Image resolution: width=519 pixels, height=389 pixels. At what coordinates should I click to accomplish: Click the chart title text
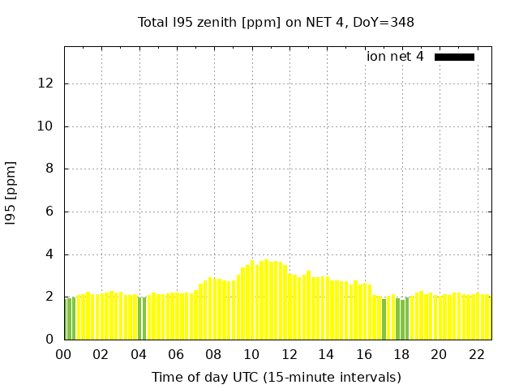click(x=276, y=23)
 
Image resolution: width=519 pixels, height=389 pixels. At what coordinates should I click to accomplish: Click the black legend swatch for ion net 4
click(x=454, y=57)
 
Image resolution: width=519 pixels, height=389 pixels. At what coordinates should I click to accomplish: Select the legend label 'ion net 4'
click(x=395, y=57)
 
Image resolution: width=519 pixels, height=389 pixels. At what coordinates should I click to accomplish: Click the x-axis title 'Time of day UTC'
click(x=276, y=377)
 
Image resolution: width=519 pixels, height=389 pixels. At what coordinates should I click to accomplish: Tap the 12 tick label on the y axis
click(x=47, y=83)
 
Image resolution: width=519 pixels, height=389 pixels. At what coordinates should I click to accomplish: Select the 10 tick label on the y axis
click(x=47, y=126)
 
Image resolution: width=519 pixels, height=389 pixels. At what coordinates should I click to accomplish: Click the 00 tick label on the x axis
click(x=64, y=355)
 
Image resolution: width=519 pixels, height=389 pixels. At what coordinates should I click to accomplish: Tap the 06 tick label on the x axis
click(x=177, y=355)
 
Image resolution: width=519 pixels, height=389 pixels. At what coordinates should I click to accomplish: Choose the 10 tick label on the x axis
click(x=251, y=355)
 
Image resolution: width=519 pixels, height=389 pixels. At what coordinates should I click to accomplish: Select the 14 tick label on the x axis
click(x=326, y=355)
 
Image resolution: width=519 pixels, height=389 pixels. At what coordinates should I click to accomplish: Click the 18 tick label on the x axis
click(x=401, y=355)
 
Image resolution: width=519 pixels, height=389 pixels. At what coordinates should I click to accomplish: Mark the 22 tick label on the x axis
click(x=476, y=355)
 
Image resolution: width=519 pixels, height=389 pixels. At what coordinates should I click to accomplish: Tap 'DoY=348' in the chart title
click(x=386, y=23)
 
